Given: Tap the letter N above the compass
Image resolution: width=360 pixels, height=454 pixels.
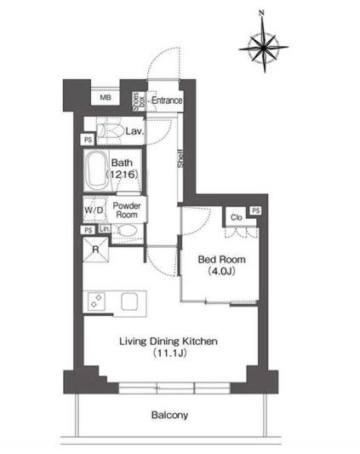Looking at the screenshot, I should coord(262,11).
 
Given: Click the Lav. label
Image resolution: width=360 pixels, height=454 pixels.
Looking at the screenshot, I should coord(134,132).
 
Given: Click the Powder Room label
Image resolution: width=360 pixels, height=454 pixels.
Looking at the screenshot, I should coord(127,210).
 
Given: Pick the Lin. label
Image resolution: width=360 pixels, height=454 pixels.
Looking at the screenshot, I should coord(104,229).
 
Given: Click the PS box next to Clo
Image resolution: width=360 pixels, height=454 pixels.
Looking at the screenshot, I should coord(255,210).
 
